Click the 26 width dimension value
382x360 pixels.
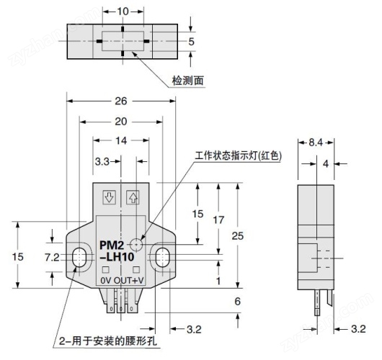pyautogui.click(x=121, y=101)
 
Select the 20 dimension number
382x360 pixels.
pyautogui.click(x=121, y=122)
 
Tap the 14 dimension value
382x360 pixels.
pyautogui.click(x=121, y=140)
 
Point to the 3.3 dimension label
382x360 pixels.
pyautogui.click(x=102, y=161)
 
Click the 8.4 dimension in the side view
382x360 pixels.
pyautogui.click(x=316, y=143)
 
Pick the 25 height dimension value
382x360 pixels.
pyautogui.click(x=238, y=236)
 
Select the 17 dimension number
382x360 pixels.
pyautogui.click(x=218, y=220)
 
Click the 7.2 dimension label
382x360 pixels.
pyautogui.click(x=52, y=257)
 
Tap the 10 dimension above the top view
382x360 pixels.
pyautogui.click(x=123, y=12)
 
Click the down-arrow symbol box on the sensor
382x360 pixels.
pyautogui.click(x=109, y=197)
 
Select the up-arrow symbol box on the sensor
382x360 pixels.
pyautogui.click(x=133, y=197)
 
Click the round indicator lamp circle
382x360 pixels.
pyautogui.click(x=136, y=244)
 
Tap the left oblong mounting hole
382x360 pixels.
pyautogui.click(x=79, y=257)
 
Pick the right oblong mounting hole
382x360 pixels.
pyautogui.click(x=161, y=257)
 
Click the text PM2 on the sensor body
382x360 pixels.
pyautogui.click(x=112, y=246)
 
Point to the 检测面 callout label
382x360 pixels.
pyautogui.click(x=188, y=81)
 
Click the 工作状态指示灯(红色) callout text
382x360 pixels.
pyautogui.click(x=238, y=156)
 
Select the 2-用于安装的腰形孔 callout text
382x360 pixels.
pyautogui.click(x=107, y=341)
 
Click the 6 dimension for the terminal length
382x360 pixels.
pyautogui.click(x=238, y=302)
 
